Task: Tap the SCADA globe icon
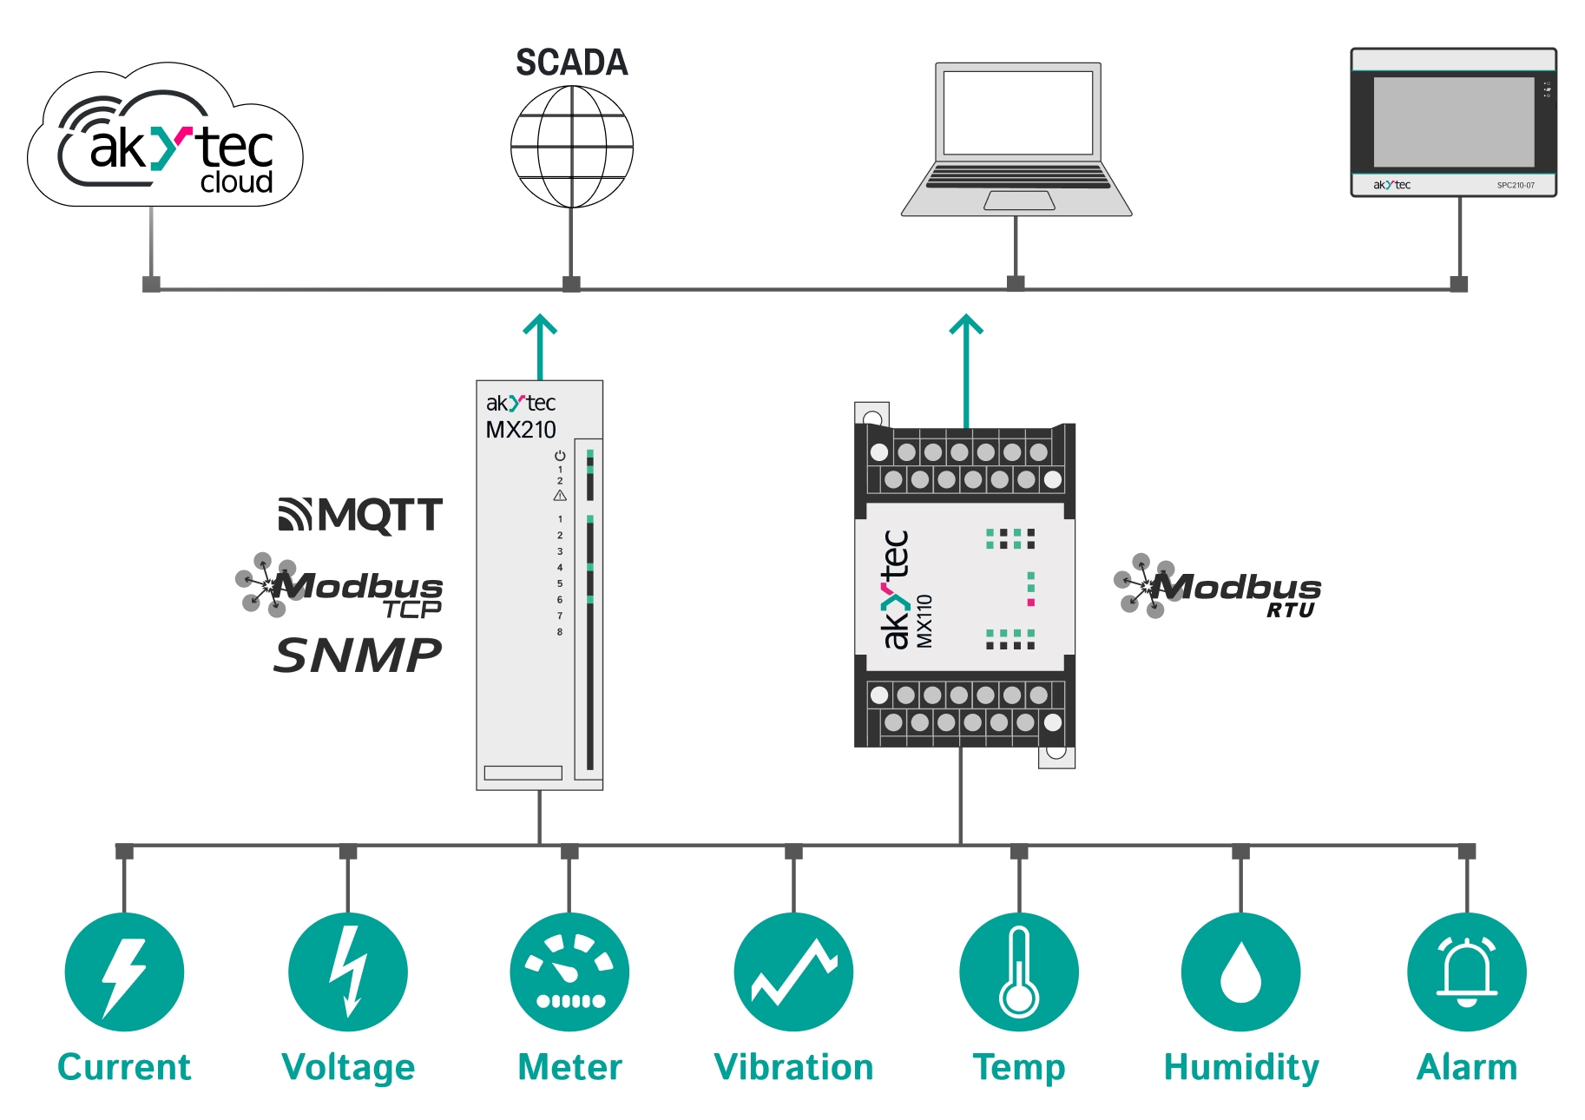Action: pos(571,147)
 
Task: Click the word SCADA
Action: pos(571,63)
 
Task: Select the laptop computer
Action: pos(1016,139)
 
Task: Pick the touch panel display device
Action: pos(1453,122)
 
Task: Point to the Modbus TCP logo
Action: pos(340,587)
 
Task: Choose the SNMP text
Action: pos(358,655)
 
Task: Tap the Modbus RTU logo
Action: pos(1218,588)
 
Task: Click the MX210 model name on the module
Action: pos(521,430)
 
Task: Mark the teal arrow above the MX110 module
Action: pos(966,365)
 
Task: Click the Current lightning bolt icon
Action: pos(124,972)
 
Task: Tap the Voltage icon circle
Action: pos(348,972)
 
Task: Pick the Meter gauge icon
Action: pos(569,972)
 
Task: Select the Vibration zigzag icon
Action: pos(793,972)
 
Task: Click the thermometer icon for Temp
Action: pos(1019,972)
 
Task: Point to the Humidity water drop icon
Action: pos(1241,972)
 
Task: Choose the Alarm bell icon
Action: pos(1467,972)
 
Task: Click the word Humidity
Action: pos(1241,1067)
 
